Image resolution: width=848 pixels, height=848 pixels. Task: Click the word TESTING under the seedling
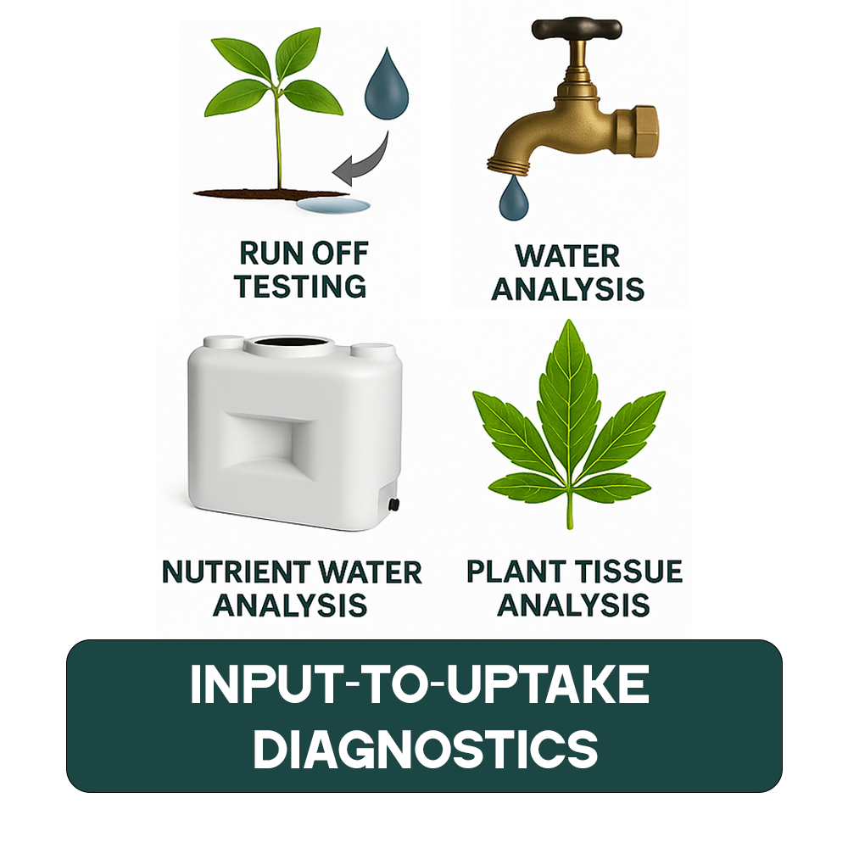point(301,286)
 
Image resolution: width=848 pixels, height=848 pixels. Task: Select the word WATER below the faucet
point(568,255)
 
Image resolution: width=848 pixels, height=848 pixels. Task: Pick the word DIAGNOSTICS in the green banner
point(425,749)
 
